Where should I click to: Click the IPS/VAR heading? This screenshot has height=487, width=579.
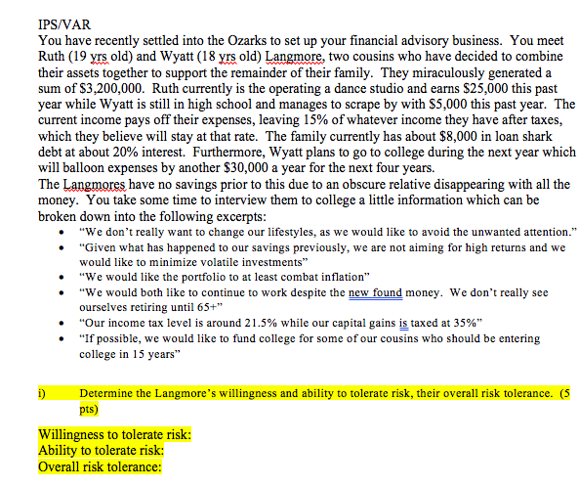(65, 26)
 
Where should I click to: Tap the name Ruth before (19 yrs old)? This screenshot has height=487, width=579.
(55, 58)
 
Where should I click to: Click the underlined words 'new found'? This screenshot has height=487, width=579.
(377, 291)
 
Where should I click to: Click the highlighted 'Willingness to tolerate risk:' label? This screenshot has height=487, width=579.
(113, 435)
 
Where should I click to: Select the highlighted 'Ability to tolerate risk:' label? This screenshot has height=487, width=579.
(101, 451)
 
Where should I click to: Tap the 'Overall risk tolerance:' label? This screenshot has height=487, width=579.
(99, 467)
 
